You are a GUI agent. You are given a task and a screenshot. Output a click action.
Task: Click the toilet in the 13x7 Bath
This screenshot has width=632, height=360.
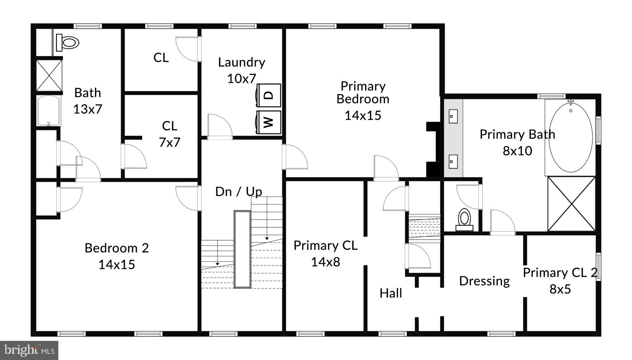[x=68, y=43]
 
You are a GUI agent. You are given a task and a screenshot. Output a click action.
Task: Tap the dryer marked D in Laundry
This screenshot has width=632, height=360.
[x=269, y=95]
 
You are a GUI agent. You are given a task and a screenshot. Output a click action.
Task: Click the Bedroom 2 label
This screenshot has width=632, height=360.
[x=117, y=248]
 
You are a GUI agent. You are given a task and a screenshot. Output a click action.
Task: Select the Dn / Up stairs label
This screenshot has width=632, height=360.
[x=239, y=192]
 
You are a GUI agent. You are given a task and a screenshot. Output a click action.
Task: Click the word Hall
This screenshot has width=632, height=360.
[x=391, y=293]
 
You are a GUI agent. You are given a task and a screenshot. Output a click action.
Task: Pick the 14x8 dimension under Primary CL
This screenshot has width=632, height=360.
[x=325, y=262]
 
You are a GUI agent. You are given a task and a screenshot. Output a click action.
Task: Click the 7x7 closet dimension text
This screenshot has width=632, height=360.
[x=169, y=143]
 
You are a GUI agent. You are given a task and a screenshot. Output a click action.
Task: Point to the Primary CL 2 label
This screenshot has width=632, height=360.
[x=560, y=273]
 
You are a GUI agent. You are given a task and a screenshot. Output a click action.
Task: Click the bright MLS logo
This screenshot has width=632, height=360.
[x=29, y=350]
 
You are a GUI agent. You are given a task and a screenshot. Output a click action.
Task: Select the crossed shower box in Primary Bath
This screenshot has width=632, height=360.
[x=572, y=204]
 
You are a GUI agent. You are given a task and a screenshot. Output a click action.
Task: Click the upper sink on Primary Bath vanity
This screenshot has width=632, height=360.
[x=453, y=116]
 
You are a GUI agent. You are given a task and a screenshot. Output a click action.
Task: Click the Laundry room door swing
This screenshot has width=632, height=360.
[x=220, y=126]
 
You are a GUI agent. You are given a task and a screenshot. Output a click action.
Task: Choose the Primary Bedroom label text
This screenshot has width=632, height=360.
[x=363, y=93]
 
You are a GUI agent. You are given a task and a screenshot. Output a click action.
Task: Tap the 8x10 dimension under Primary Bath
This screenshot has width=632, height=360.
[x=517, y=151]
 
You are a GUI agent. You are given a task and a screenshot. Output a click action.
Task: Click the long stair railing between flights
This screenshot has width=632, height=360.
[x=242, y=249]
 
